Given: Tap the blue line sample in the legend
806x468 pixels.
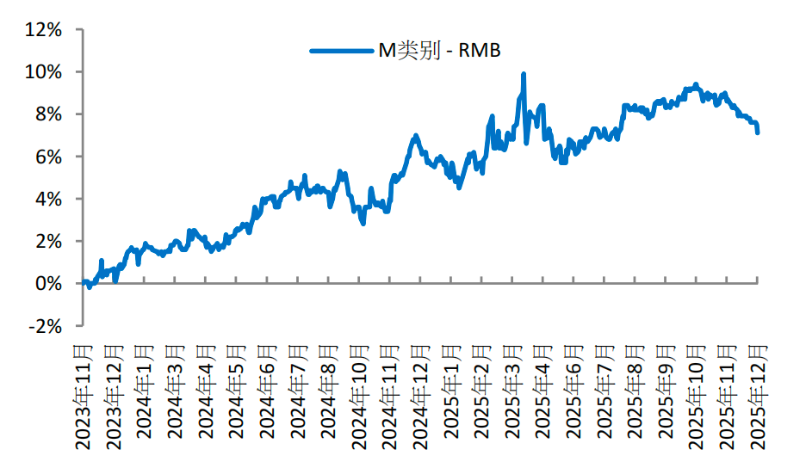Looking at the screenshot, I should point(342,52).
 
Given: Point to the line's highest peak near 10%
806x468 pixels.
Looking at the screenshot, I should point(523,75).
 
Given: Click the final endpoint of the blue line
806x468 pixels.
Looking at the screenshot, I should point(758,132).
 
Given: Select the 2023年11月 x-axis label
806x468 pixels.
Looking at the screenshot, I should point(84,396).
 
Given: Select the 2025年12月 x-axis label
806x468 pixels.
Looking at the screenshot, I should point(758,396).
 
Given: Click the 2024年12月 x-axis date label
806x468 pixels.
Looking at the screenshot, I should point(420,396).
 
